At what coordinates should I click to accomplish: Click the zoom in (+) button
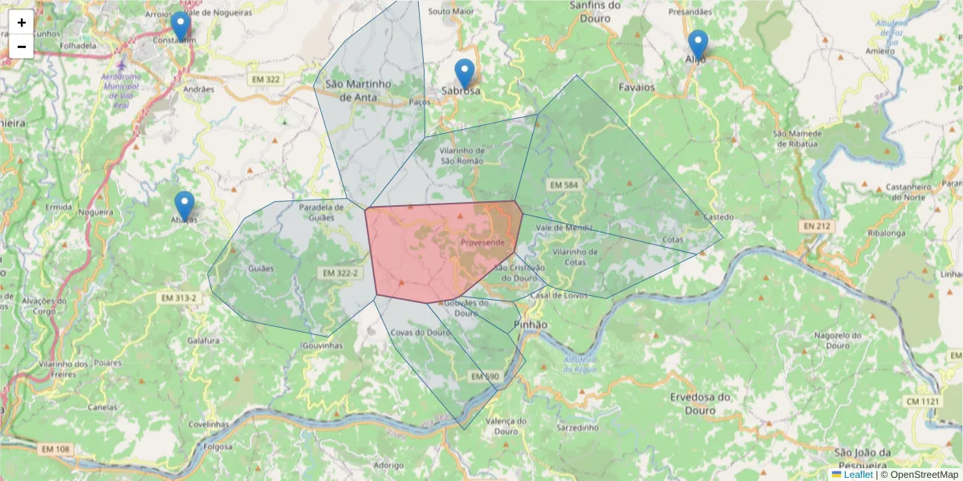coord(22,22)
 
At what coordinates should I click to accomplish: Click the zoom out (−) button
coord(22,46)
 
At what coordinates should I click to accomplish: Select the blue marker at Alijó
coord(697,45)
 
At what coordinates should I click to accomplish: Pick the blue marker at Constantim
coord(181,26)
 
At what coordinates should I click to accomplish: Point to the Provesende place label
coord(483,242)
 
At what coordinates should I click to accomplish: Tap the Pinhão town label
coord(529,325)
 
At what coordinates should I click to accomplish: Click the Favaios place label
coord(637,87)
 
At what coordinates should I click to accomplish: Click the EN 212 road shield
coord(817,227)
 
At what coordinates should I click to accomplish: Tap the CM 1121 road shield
coord(922,401)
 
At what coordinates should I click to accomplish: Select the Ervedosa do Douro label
coord(701,402)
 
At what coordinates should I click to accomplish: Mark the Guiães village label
coord(262,269)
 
